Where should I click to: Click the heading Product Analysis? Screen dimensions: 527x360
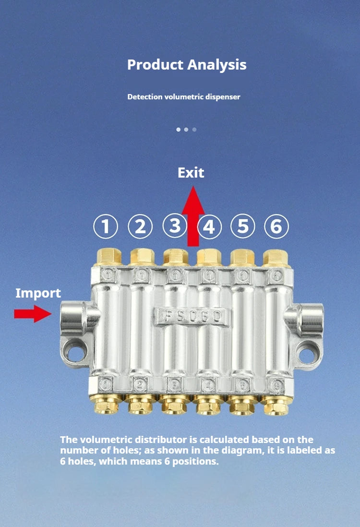click(x=187, y=64)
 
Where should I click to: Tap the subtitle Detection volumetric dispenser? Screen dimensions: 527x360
click(x=184, y=96)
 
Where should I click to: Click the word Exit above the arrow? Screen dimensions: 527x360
click(x=191, y=172)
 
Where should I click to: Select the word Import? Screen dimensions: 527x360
click(x=38, y=293)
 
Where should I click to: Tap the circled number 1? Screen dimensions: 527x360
click(x=106, y=226)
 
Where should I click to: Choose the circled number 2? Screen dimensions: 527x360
click(x=140, y=226)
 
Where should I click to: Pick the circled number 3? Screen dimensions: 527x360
click(x=174, y=226)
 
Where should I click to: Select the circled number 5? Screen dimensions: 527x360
click(x=243, y=226)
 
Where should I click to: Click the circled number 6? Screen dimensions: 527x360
click(x=276, y=226)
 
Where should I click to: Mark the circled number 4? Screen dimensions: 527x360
click(x=209, y=226)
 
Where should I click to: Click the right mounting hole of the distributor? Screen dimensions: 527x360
click(x=305, y=354)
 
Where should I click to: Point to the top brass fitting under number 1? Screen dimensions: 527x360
click(x=108, y=257)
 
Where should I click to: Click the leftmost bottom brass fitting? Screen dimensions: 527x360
click(x=106, y=404)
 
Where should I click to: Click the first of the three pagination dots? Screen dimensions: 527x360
click(x=179, y=130)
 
